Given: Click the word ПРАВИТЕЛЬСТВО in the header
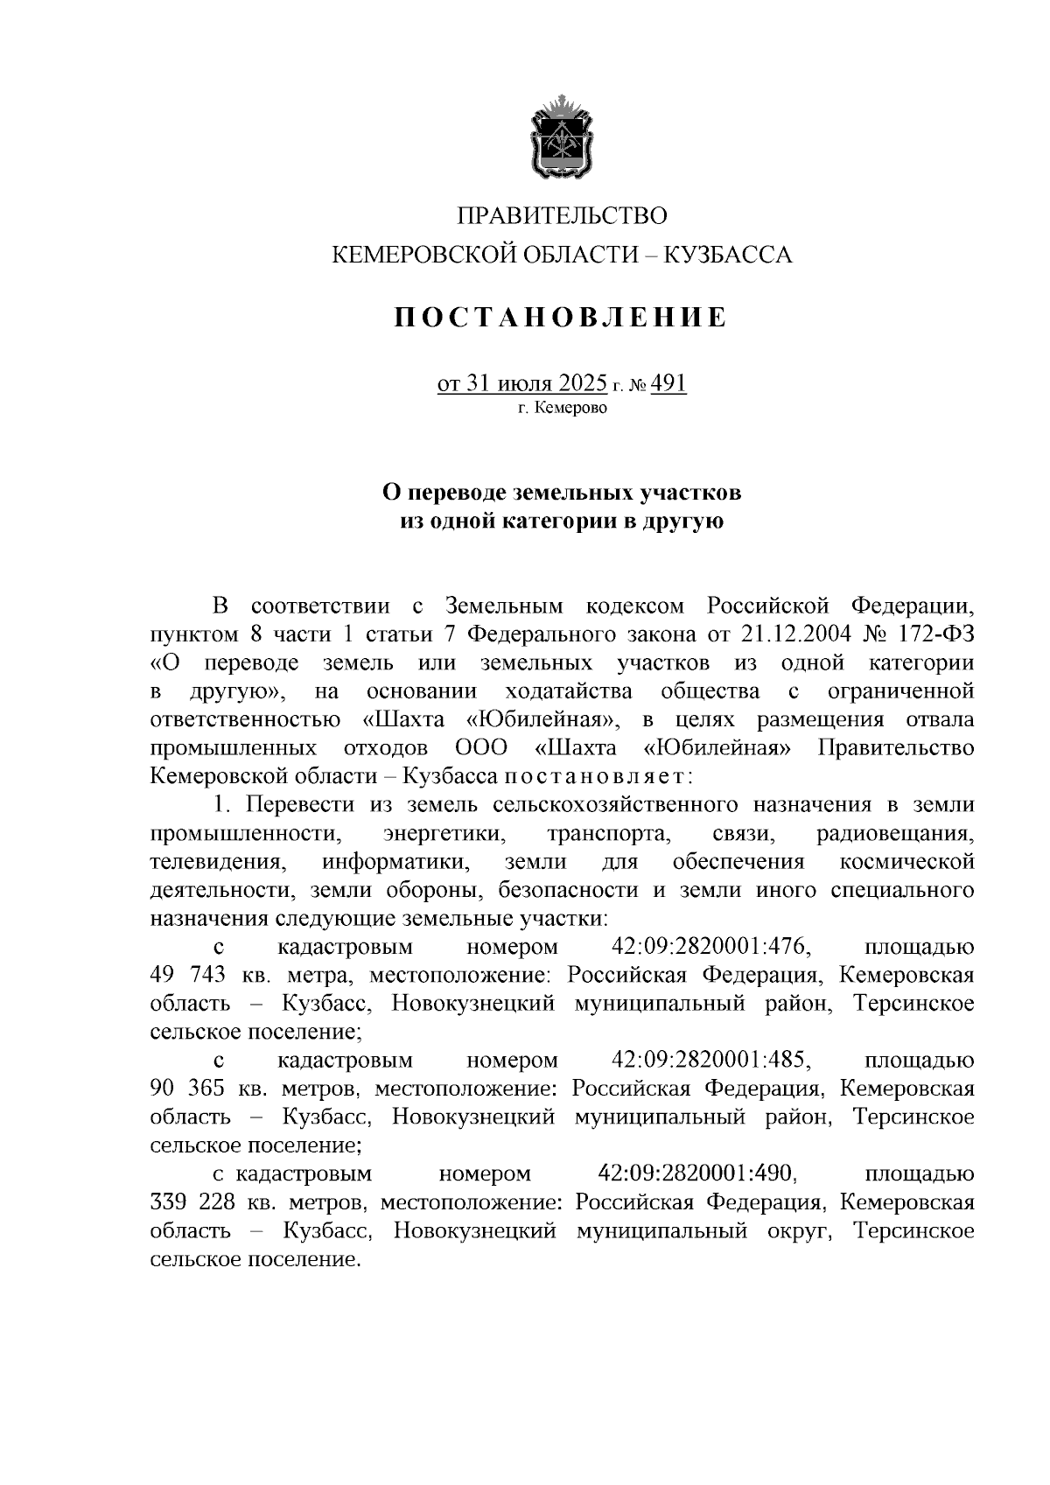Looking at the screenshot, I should (x=563, y=215).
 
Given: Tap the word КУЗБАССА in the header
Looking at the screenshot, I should (x=729, y=256).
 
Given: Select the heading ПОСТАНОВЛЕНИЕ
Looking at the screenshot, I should (x=561, y=318).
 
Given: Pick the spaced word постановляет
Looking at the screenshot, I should (x=596, y=776).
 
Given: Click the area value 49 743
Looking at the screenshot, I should (x=188, y=975).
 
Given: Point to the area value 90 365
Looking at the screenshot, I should (x=188, y=1089).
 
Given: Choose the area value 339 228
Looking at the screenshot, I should (x=193, y=1202).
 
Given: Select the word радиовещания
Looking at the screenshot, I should (x=894, y=832).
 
